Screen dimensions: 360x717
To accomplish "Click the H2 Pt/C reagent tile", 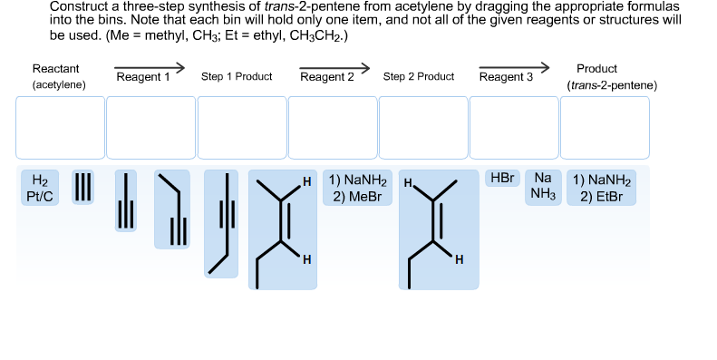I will [39, 187].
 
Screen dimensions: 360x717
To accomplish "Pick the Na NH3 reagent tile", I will [543, 187].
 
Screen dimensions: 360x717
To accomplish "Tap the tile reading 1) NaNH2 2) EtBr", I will [601, 188].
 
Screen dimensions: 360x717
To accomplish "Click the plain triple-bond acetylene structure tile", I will [82, 187].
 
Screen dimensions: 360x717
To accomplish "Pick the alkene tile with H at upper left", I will [439, 229].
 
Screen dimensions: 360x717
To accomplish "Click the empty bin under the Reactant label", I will [60, 128].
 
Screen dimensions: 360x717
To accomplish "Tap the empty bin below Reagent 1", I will [150, 128].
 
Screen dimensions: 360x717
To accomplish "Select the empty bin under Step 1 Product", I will [241, 128].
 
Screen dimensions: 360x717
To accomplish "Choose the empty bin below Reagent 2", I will [333, 128].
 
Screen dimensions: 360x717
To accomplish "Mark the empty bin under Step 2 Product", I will [423, 128].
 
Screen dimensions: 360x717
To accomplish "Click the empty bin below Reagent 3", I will [514, 128].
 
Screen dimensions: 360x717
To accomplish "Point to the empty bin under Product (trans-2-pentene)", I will [605, 128].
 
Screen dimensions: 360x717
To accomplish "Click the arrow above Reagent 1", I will [149, 66].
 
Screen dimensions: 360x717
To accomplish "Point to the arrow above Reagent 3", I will [514, 66].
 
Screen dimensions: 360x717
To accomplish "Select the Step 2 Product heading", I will [419, 77].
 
